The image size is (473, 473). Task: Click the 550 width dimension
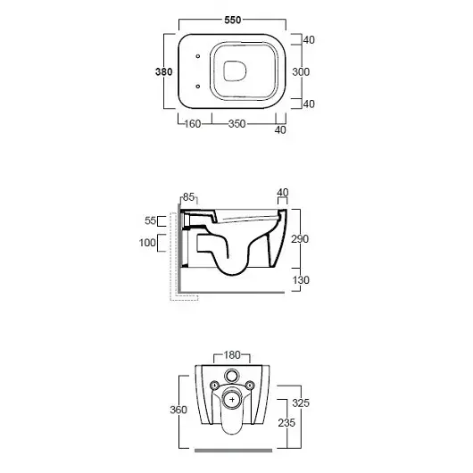coord(233,20)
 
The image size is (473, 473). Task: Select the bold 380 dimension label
coord(164,71)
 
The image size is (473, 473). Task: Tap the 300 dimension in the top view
coord(301,71)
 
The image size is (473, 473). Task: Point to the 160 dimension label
coord(193,124)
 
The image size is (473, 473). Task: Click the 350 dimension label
coord(236,124)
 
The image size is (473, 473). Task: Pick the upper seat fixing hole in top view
coord(198,56)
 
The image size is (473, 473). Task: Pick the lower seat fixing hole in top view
coord(198,87)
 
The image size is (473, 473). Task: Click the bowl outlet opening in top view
coord(235,71)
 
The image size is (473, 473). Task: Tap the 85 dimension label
coord(188,197)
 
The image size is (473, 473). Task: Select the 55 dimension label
coord(150,220)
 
